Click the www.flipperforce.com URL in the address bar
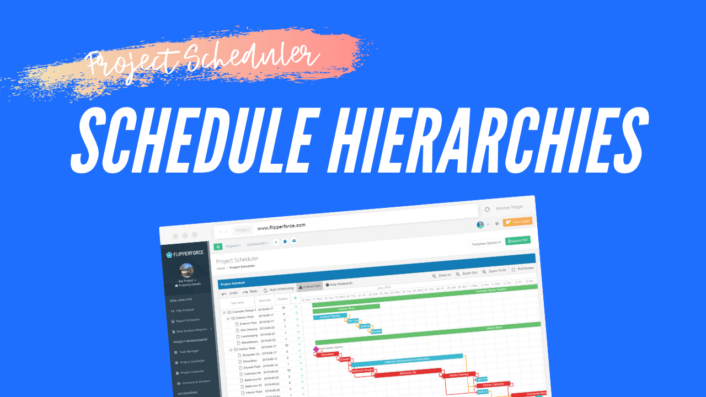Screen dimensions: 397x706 coord(281,226)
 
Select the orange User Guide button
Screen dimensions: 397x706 coord(517,222)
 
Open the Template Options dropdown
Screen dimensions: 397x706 coord(486,243)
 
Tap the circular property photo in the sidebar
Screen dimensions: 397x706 coord(186,270)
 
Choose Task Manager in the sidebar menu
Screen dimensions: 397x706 coord(189,351)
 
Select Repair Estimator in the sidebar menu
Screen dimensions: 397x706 coord(188,320)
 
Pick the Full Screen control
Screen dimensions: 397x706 coord(523,269)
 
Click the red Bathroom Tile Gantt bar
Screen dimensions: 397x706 coord(408,373)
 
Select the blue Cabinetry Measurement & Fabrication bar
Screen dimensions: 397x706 coord(407,361)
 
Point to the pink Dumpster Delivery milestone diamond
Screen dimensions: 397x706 coord(316,349)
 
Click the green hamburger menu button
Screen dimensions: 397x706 coord(218,246)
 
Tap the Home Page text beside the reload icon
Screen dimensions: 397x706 coord(509,208)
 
